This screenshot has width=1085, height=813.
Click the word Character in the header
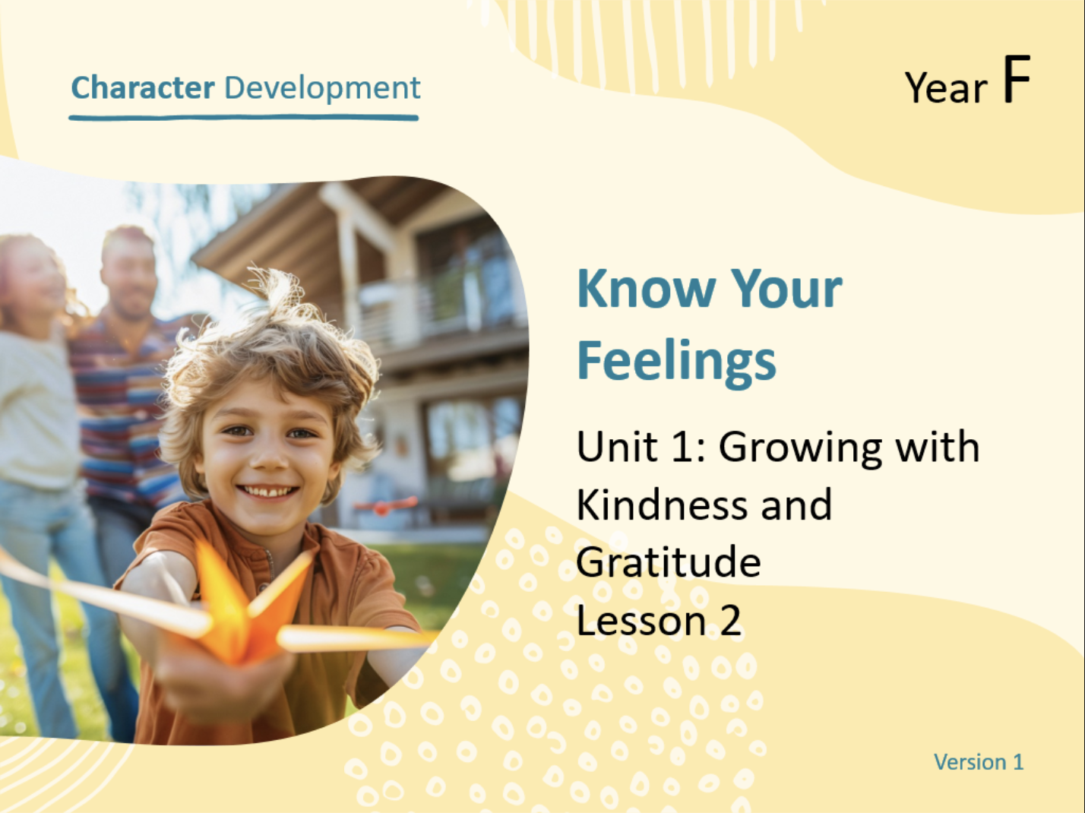click(142, 87)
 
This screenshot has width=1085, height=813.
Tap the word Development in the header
click(322, 87)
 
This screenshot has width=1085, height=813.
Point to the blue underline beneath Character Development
click(243, 118)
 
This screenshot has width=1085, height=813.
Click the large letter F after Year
click(1016, 81)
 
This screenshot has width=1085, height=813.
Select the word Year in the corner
click(946, 88)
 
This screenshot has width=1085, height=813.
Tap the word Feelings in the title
click(676, 361)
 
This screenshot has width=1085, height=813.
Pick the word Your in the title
click(786, 289)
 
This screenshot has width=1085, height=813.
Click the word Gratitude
click(668, 563)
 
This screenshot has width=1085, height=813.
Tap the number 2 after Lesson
click(730, 621)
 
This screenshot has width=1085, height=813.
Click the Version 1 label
click(978, 761)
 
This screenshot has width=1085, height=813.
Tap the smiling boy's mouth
click(267, 492)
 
